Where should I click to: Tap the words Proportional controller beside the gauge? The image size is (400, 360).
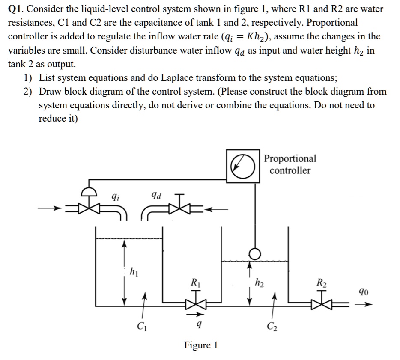pyautogui.click(x=290, y=164)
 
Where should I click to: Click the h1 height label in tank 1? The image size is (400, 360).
pyautogui.click(x=134, y=271)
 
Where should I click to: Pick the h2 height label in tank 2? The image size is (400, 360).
pyautogui.click(x=259, y=282)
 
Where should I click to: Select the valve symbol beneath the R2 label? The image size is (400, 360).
pyautogui.click(x=321, y=303)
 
